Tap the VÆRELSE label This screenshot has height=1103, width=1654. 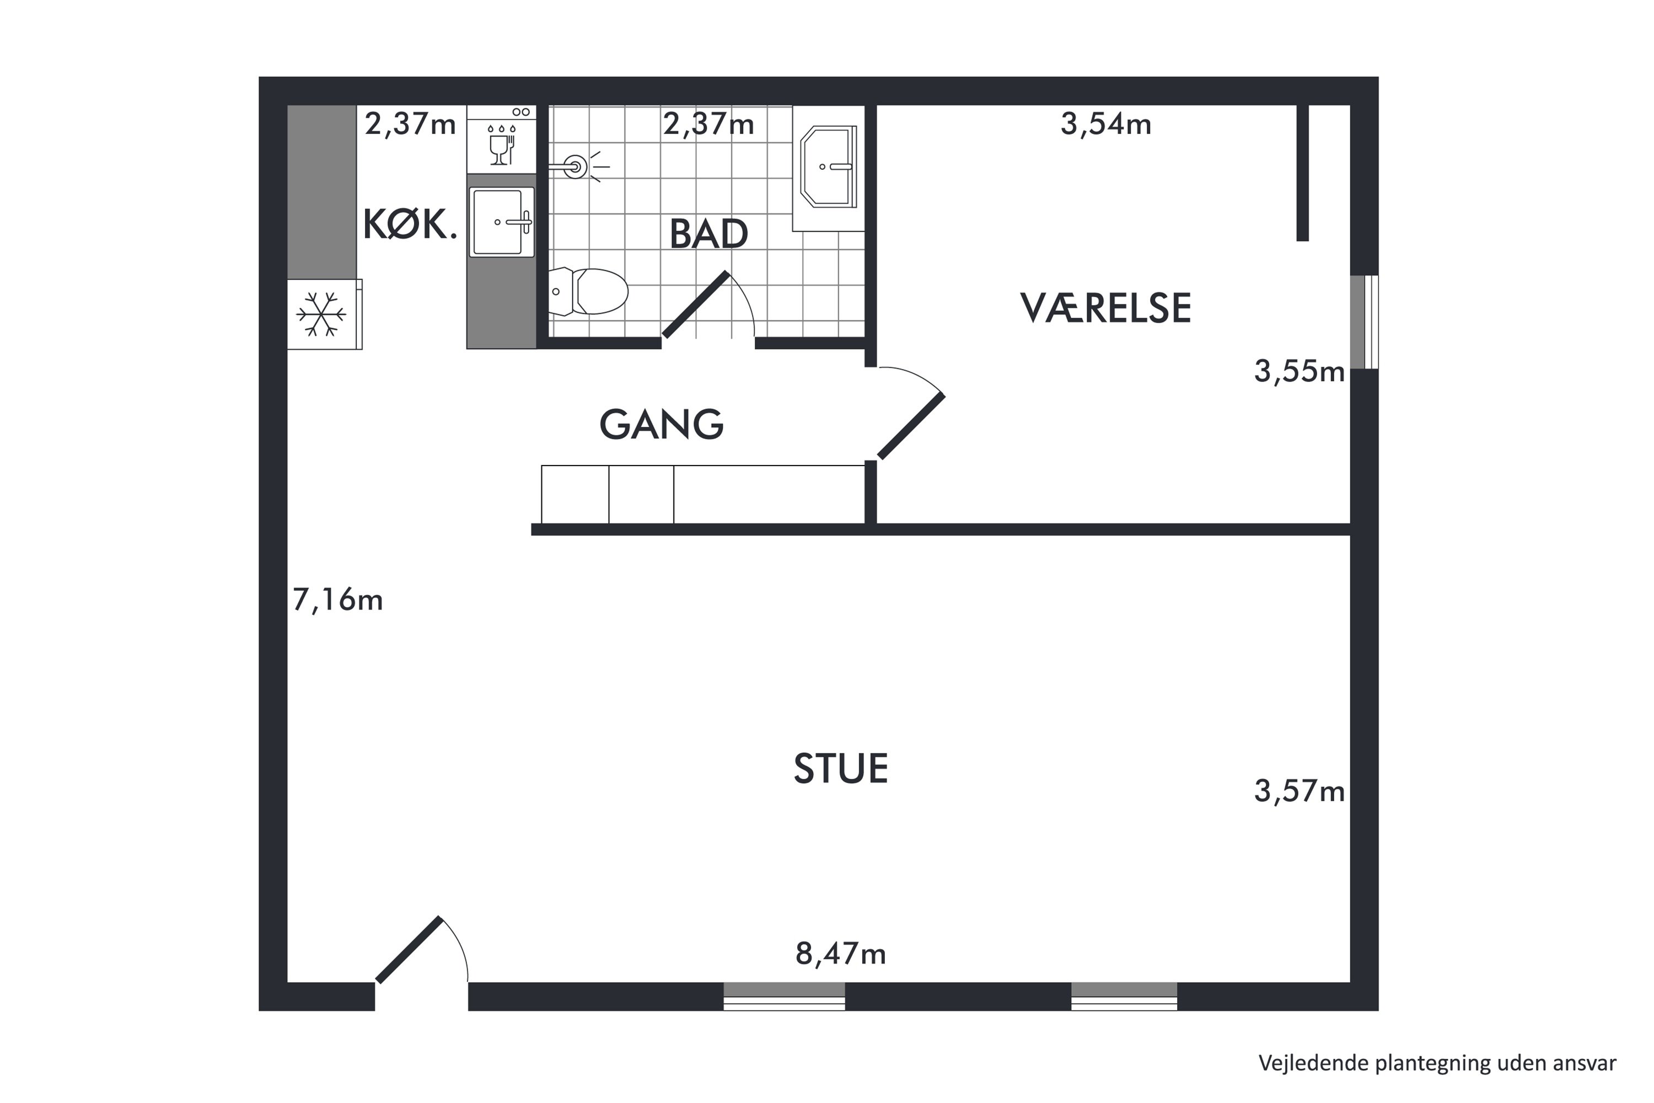[1105, 308]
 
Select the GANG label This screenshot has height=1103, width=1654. [661, 424]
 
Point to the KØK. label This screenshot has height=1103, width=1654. [410, 224]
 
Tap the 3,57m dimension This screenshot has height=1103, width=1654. [1299, 791]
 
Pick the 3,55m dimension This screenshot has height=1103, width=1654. [1299, 371]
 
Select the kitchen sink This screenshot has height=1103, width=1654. [501, 222]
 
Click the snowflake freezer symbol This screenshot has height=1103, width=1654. [321, 314]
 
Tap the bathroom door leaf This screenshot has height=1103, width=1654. [695, 304]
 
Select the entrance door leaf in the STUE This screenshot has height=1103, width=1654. [409, 950]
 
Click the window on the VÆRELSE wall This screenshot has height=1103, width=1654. [1364, 322]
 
